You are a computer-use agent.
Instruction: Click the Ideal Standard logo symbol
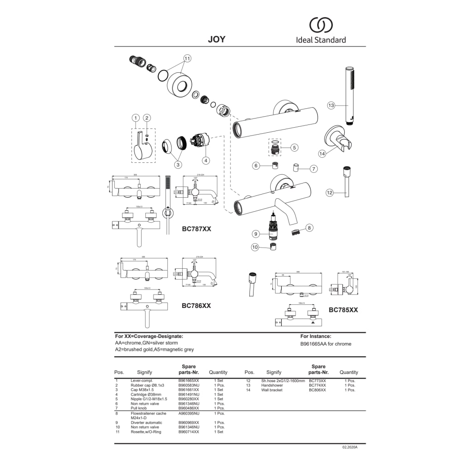point(320,25)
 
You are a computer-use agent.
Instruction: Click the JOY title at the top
point(217,39)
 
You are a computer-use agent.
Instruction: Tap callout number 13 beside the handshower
point(331,105)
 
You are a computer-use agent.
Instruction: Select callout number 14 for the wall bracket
point(322,153)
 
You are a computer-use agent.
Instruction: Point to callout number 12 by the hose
point(329,193)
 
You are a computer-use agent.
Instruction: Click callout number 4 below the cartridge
point(206,161)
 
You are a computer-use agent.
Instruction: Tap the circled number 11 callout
point(187,59)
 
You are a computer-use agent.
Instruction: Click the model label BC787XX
point(196,229)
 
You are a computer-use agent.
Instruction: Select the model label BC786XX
point(196,305)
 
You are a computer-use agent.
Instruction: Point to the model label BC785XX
point(343,310)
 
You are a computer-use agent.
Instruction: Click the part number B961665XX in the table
point(189,380)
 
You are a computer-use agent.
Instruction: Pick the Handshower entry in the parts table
point(272,385)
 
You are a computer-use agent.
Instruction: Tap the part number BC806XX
point(317,390)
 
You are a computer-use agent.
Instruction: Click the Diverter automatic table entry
point(147,422)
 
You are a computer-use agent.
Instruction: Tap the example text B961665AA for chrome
point(325,344)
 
